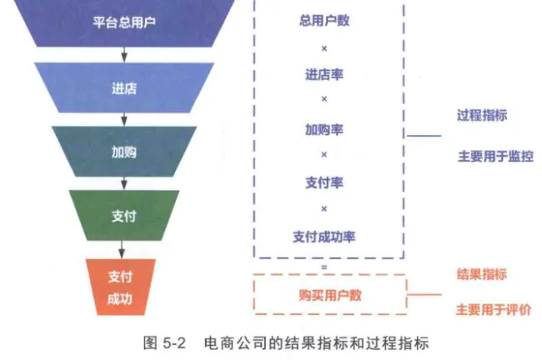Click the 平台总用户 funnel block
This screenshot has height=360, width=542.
click(123, 22)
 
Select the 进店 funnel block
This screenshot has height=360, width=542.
click(123, 87)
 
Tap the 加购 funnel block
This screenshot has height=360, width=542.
click(123, 152)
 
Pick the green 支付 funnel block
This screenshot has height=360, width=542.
click(123, 215)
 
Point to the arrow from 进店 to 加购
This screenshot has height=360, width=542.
click(123, 118)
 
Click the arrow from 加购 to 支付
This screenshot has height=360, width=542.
click(123, 182)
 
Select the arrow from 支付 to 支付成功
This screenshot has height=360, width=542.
click(123, 248)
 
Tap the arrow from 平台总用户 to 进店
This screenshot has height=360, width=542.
click(123, 54)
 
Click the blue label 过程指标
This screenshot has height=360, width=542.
click(481, 116)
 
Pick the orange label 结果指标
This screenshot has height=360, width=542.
click(481, 274)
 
